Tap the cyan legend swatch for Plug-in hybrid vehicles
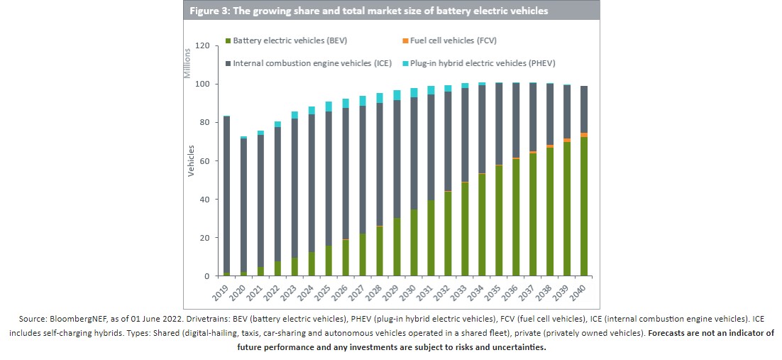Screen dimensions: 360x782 click(x=405, y=63)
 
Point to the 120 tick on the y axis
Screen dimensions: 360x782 click(x=202, y=46)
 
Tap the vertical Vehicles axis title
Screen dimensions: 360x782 click(x=192, y=161)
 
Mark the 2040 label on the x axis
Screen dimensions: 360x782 click(x=577, y=291)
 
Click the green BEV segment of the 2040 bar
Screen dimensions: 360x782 click(x=584, y=206)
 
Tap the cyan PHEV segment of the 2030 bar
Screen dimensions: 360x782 click(x=414, y=92)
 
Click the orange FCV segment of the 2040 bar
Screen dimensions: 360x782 click(x=584, y=135)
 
